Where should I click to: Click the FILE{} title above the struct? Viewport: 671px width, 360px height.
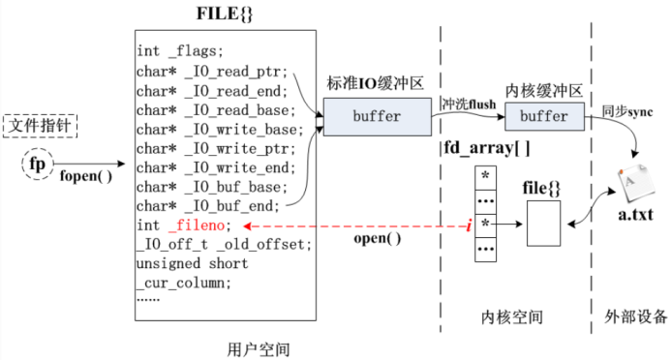point(226,16)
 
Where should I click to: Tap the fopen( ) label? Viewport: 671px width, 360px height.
point(85,178)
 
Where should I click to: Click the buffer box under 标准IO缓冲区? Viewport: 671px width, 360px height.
point(376,116)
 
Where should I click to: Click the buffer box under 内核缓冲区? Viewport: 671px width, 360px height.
point(544,116)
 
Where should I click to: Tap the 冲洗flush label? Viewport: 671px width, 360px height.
point(468,103)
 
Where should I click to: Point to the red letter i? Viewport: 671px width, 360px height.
point(468,225)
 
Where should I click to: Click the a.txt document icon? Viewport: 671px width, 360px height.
point(635,185)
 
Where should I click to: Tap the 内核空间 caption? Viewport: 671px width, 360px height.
point(512,316)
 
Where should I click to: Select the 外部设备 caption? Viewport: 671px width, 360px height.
point(631,316)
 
